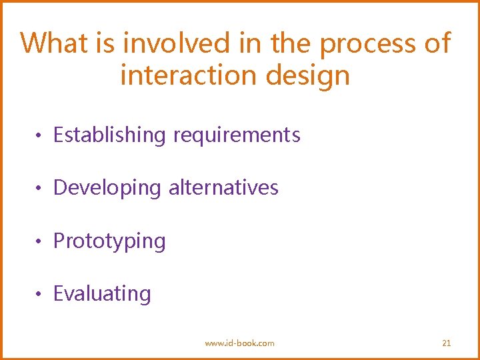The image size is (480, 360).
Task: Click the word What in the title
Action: pos(53,43)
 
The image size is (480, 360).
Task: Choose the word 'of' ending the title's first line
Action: pos(437,43)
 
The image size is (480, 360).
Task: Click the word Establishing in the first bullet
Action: pos(109,135)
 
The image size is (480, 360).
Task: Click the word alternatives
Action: pos(223,188)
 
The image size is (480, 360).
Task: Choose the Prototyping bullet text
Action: pos(109,241)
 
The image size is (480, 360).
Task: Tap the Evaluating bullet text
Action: pos(102,294)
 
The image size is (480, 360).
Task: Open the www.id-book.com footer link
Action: pos(239,343)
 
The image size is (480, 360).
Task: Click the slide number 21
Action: pos(447,343)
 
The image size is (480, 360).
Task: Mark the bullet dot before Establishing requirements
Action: pos(40,136)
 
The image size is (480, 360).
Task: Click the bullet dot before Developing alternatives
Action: pos(40,189)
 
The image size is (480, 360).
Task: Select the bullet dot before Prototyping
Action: pos(40,241)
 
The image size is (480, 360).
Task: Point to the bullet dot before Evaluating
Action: pos(40,294)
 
